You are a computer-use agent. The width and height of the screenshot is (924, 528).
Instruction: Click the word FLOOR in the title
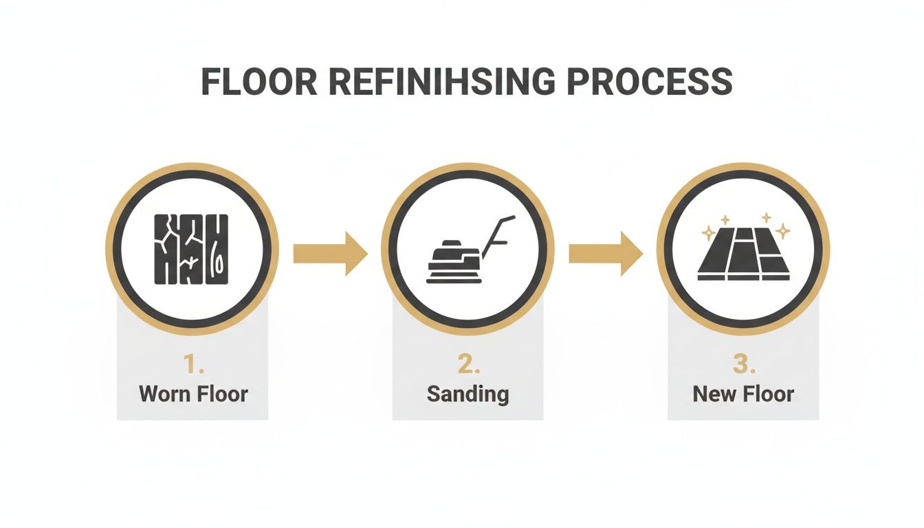(x=259, y=82)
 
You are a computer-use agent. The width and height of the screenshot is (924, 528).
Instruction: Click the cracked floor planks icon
(x=191, y=248)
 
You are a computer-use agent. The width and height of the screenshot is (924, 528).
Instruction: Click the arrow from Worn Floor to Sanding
(x=329, y=254)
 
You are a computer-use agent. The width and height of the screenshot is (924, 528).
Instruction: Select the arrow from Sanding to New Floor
(x=605, y=254)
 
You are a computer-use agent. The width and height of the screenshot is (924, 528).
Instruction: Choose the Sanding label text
(x=468, y=394)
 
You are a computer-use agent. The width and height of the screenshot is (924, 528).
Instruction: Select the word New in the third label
(x=713, y=394)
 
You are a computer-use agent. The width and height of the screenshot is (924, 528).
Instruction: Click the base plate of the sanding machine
(x=454, y=278)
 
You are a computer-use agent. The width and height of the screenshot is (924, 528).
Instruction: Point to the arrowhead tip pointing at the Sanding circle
(x=366, y=254)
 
